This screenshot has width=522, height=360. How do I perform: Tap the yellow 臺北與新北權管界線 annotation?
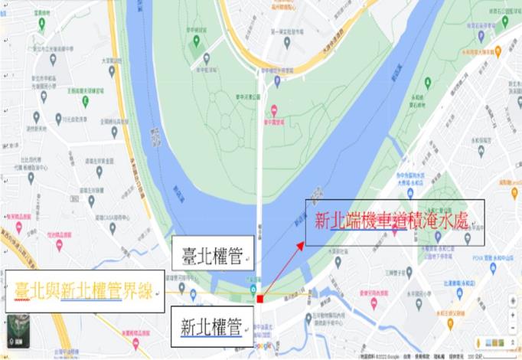pyautogui.click(x=85, y=291)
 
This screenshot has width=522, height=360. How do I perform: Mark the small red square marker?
pyautogui.click(x=260, y=298)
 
